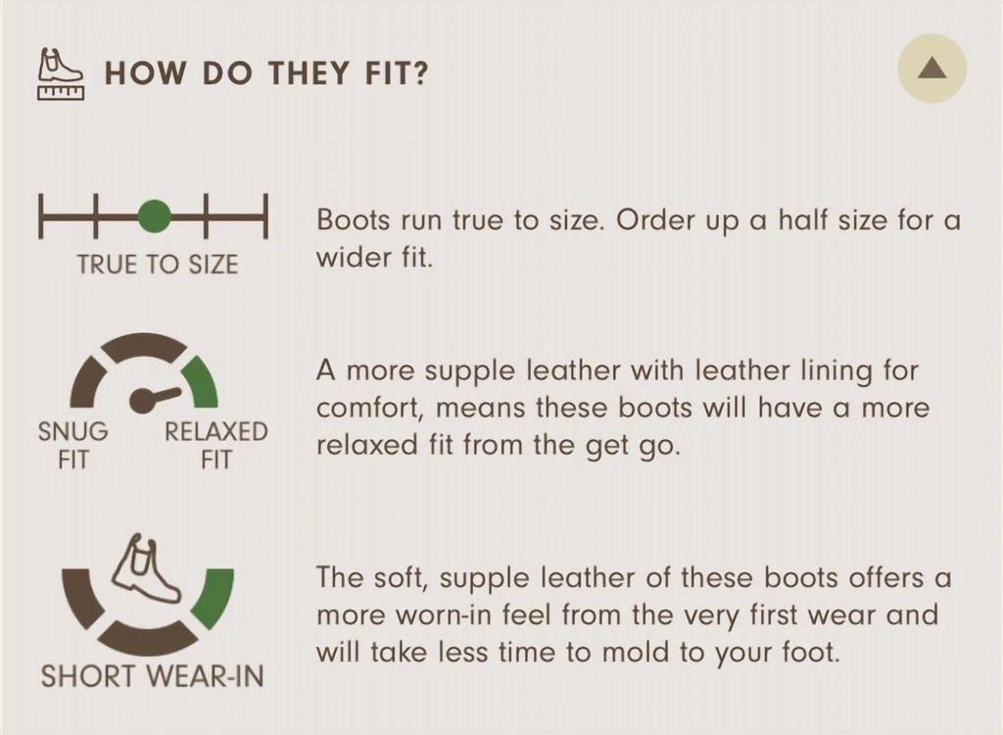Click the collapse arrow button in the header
click(x=931, y=68)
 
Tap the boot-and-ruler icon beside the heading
click(x=61, y=74)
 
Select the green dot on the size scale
click(x=154, y=216)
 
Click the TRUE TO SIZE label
click(x=158, y=265)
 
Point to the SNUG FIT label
click(x=72, y=445)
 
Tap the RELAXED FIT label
click(x=216, y=445)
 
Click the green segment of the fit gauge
click(x=202, y=383)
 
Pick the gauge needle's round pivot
click(x=143, y=400)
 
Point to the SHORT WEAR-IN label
click(x=152, y=676)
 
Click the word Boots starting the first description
click(x=353, y=220)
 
